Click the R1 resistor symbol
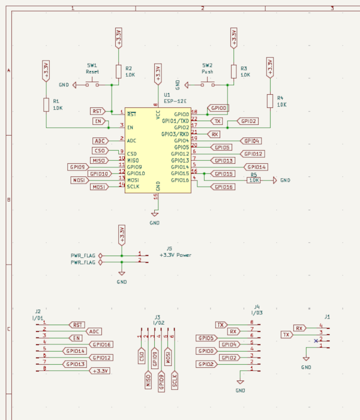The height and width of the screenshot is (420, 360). tap(46, 105)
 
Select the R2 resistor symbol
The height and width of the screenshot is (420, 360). tap(118, 71)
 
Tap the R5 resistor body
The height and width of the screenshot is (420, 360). tap(254, 180)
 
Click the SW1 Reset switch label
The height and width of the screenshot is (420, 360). tap(92, 68)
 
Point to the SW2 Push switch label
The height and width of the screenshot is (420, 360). tap(207, 68)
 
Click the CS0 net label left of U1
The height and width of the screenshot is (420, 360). tap(100, 151)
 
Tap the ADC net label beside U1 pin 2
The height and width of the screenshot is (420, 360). tap(100, 140)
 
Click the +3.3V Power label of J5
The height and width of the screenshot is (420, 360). tap(175, 254)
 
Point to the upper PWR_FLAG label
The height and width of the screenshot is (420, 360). tap(83, 256)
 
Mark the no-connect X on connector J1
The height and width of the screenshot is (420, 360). tap(316, 341)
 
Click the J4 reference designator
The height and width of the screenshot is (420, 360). tap(257, 306)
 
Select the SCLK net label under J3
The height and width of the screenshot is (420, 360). tap(175, 380)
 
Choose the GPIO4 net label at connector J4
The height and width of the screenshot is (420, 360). tap(229, 344)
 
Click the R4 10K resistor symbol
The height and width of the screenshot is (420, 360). tap(270, 100)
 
